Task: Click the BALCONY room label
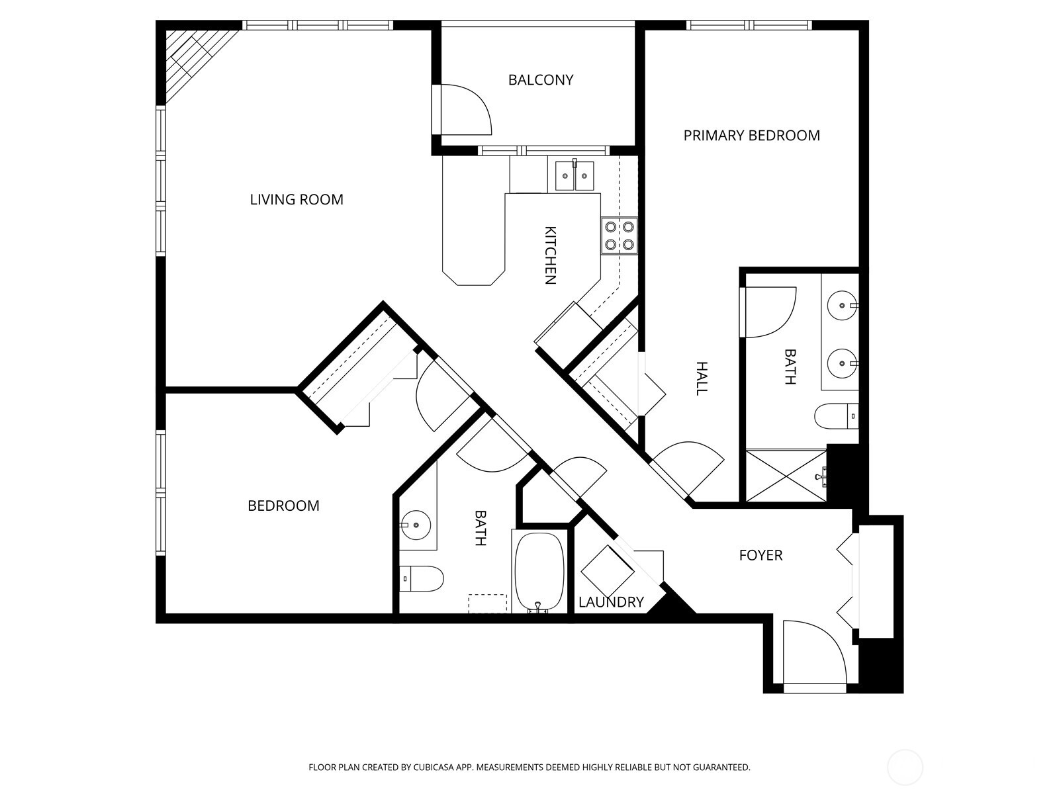(540, 80)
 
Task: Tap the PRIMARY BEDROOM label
(751, 136)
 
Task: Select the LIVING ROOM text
(297, 200)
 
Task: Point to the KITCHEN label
(549, 255)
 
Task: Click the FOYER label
(760, 555)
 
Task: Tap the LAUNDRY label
(611, 602)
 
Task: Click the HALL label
(702, 378)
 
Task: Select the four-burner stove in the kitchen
(619, 236)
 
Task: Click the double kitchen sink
(574, 175)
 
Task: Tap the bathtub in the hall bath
(540, 570)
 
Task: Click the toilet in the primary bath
(835, 417)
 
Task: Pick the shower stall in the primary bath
(786, 475)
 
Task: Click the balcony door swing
(463, 109)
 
